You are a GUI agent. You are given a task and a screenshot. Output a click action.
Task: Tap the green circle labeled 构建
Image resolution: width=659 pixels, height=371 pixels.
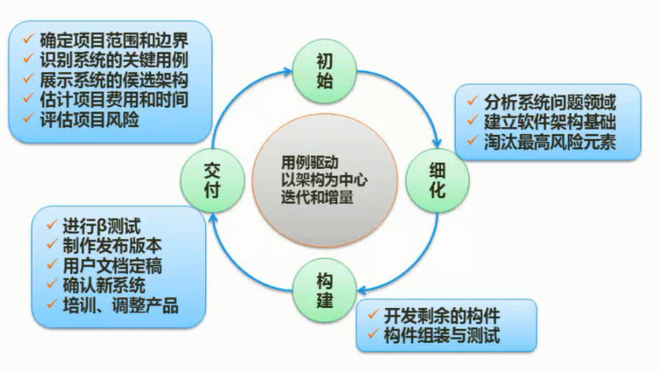[324, 289]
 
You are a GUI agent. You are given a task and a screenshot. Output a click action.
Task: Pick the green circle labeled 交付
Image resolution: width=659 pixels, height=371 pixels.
[212, 179]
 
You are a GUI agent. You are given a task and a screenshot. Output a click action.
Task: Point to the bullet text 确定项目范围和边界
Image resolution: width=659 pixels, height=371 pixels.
[114, 39]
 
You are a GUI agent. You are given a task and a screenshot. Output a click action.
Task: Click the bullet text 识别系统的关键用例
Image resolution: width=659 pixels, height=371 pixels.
[114, 60]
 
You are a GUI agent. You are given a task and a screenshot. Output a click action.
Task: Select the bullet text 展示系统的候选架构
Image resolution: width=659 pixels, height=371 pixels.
[114, 80]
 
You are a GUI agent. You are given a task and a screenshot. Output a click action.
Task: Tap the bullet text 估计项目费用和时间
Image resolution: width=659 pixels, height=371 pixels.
[114, 100]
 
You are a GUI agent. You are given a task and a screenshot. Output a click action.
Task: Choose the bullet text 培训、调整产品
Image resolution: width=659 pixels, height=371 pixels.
[120, 305]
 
